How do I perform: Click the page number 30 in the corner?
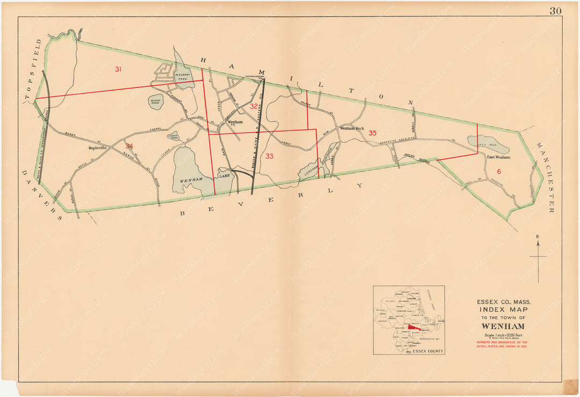pos(555,11)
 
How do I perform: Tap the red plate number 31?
pos(119,69)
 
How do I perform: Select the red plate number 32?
pos(253,106)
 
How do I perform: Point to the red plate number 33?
pos(269,156)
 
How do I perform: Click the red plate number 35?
pos(372,133)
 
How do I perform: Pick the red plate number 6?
pos(498,171)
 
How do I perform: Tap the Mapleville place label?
pos(99,147)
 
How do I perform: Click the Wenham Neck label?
pos(352,129)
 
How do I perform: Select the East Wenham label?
pos(499,157)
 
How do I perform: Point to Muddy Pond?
pos(156,101)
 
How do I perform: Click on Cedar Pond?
pos(173,136)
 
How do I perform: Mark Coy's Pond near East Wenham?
pos(488,143)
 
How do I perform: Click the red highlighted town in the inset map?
pos(414,326)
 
